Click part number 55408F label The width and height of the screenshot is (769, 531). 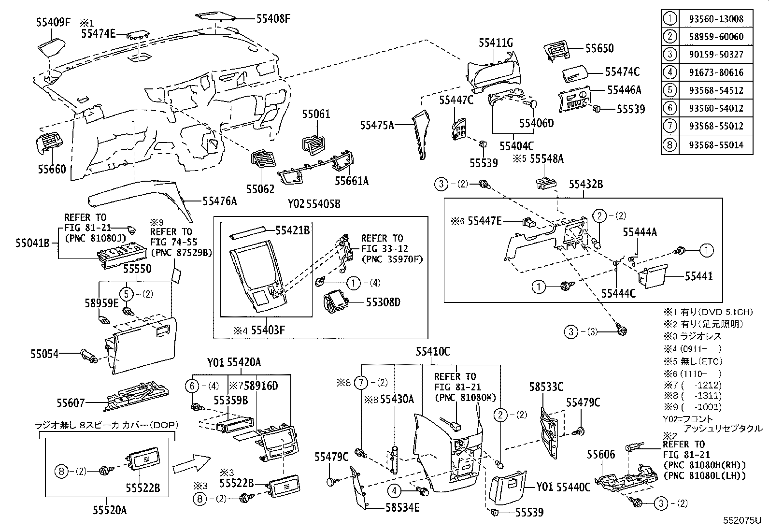(x=273, y=18)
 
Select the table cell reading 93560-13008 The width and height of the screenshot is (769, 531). (x=716, y=19)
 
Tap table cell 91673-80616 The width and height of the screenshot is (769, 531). (x=716, y=72)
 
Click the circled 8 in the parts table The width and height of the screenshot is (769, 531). (x=669, y=145)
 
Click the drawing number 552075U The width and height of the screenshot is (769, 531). (x=741, y=520)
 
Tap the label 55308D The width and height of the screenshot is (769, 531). (x=383, y=302)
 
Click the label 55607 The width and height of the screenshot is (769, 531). (x=71, y=402)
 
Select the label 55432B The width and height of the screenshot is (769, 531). (x=585, y=184)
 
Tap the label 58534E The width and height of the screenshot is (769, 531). (x=402, y=507)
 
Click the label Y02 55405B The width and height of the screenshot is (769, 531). (x=314, y=204)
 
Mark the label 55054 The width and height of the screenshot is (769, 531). (x=44, y=354)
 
